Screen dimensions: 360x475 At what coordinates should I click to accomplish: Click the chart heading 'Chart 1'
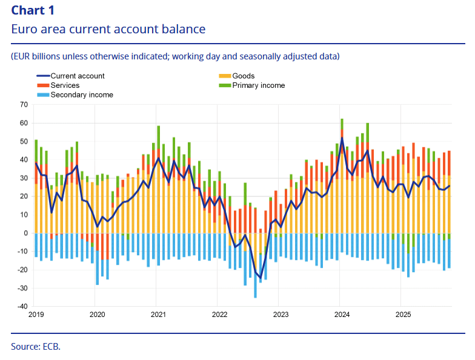(x=34, y=9)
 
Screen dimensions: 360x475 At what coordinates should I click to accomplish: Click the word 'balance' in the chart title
(x=183, y=28)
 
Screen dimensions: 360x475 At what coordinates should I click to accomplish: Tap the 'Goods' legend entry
(x=243, y=76)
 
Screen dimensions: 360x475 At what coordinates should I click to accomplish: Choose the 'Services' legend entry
(x=65, y=85)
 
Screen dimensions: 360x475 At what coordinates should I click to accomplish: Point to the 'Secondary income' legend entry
(x=82, y=95)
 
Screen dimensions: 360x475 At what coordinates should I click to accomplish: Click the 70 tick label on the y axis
(x=24, y=105)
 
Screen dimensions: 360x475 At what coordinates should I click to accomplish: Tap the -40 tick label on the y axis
(x=23, y=307)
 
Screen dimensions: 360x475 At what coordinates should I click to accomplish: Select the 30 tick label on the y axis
(x=24, y=178)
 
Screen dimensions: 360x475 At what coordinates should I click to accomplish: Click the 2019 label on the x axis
(x=36, y=315)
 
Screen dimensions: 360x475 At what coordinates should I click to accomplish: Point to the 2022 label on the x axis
(x=219, y=315)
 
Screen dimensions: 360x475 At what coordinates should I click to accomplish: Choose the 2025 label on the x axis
(x=403, y=315)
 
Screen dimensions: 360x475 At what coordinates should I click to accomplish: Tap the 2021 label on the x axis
(x=158, y=315)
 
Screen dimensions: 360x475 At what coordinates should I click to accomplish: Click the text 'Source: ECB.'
(x=36, y=346)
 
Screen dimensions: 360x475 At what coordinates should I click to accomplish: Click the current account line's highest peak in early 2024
(x=342, y=138)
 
